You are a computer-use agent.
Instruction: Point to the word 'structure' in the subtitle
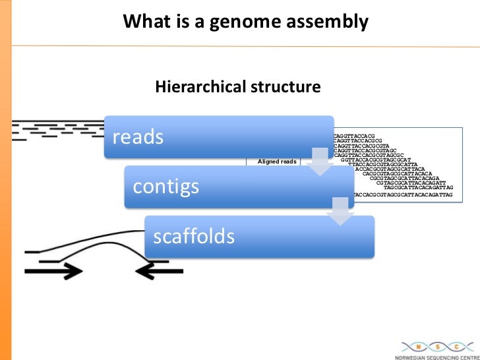(x=285, y=86)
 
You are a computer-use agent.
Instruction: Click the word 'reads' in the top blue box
(x=138, y=137)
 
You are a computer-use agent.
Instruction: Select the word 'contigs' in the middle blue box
(x=166, y=187)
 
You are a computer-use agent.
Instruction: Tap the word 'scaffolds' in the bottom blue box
(x=194, y=236)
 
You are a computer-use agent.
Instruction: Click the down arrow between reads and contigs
(x=320, y=161)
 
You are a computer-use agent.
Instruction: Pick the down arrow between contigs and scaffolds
(x=340, y=210)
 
